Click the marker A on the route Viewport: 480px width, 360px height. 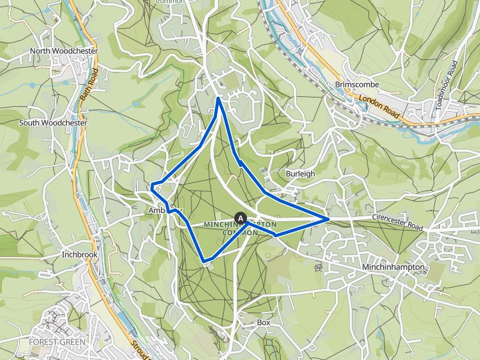[x=239, y=217]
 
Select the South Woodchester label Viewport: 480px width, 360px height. [x=53, y=122]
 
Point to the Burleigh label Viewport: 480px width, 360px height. [x=300, y=173]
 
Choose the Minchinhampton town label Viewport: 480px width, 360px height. [x=393, y=267]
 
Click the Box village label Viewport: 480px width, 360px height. [x=263, y=322]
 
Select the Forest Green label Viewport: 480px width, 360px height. [x=57, y=342]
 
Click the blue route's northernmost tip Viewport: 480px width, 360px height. [x=217, y=98]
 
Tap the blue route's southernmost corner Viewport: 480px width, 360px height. [x=204, y=260]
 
